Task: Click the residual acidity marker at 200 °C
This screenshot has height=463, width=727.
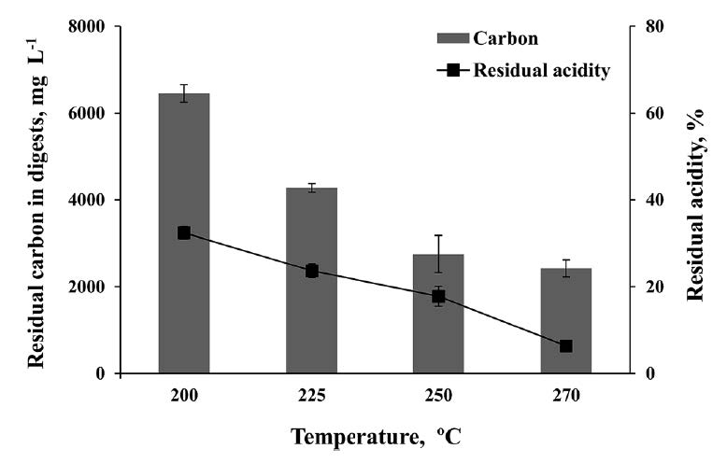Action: [x=184, y=232]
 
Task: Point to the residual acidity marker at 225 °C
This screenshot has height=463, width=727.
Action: [x=311, y=271]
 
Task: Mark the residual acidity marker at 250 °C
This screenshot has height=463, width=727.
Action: [x=438, y=296]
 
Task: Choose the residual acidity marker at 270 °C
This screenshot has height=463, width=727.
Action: [x=565, y=346]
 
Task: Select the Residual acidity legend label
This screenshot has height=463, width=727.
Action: [x=542, y=70]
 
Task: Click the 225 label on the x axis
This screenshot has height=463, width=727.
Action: [x=311, y=395]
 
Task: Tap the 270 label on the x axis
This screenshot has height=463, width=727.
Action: [x=565, y=395]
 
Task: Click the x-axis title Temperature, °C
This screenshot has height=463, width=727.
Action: [x=376, y=436]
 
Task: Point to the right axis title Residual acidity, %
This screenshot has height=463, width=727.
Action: [x=695, y=200]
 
